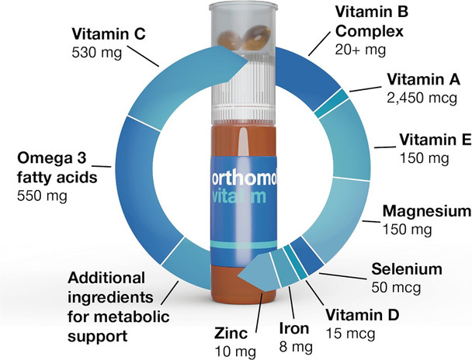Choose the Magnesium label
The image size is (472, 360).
click(x=427, y=212)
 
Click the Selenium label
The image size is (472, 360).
click(x=406, y=270)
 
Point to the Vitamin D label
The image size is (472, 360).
click(x=362, y=315)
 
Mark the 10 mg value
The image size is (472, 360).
click(x=234, y=351)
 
